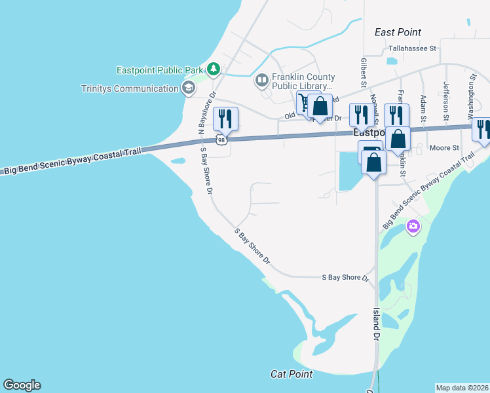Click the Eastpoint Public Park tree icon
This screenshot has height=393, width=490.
click(x=214, y=69)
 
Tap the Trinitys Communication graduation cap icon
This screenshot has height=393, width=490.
click(x=188, y=88)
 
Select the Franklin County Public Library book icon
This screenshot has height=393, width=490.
click(x=261, y=81)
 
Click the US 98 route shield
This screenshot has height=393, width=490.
click(x=222, y=140)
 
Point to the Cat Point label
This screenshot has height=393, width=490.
click(x=292, y=374)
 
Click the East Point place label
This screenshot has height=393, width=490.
click(x=398, y=32)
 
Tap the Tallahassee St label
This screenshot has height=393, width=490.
click(x=412, y=48)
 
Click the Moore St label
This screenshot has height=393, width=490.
click(x=444, y=148)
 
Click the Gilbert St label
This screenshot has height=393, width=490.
click(x=362, y=73)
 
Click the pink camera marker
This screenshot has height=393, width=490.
click(x=413, y=227)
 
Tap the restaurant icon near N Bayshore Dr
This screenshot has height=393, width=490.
click(x=225, y=119)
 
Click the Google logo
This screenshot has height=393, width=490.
click(x=22, y=385)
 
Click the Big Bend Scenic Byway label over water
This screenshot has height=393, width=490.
click(x=73, y=161)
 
